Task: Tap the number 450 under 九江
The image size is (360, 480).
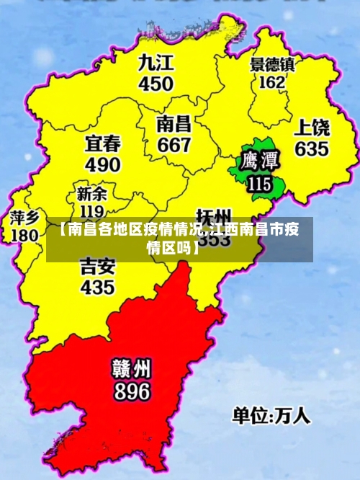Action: pyautogui.click(x=156, y=84)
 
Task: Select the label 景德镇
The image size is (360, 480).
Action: pyautogui.click(x=272, y=64)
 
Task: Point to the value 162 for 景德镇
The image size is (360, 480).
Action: pyautogui.click(x=271, y=82)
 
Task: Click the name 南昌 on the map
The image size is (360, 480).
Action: pyautogui.click(x=174, y=122)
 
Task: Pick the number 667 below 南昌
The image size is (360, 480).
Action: pyautogui.click(x=174, y=144)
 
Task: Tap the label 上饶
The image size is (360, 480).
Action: pyautogui.click(x=312, y=128)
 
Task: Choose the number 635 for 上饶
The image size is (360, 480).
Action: pyautogui.click(x=311, y=150)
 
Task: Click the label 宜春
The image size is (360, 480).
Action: pyautogui.click(x=103, y=142)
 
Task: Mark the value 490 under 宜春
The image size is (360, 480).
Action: pyautogui.click(x=103, y=164)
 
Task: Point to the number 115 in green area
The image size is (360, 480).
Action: pyautogui.click(x=259, y=184)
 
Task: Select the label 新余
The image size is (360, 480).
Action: pyautogui.click(x=91, y=194)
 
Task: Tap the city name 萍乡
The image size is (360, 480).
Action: pyautogui.click(x=24, y=217)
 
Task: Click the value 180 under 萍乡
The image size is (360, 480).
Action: pyautogui.click(x=24, y=235)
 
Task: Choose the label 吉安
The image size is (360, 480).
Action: pyautogui.click(x=97, y=266)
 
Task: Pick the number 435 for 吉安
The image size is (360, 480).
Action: pyautogui.click(x=97, y=288)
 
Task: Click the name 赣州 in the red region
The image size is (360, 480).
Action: pyautogui.click(x=131, y=368)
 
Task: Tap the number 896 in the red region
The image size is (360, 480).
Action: pyautogui.click(x=131, y=391)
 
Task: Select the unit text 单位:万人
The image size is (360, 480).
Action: pyautogui.click(x=270, y=416)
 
